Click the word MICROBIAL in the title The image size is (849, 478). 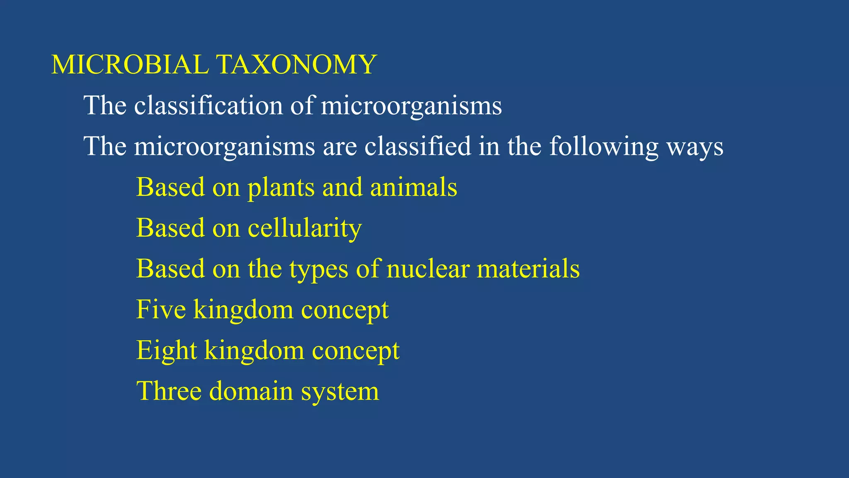click(130, 65)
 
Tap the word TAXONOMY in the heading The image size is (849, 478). click(296, 65)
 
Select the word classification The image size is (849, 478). click(208, 105)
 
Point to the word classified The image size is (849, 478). click(417, 146)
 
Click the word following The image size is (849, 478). click(604, 147)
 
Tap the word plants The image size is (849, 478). click(281, 188)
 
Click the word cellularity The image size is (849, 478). click(305, 228)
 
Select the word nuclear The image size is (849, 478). click(428, 268)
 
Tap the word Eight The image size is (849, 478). click(166, 351)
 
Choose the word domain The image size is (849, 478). click(251, 391)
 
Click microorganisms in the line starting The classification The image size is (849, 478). click(411, 106)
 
